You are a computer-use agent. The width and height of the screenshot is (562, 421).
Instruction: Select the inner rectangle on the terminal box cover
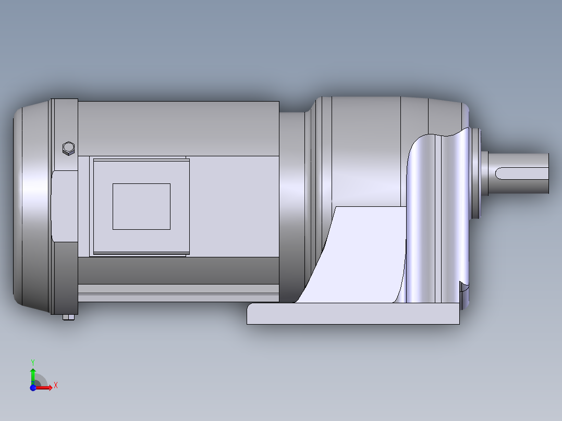click(x=141, y=206)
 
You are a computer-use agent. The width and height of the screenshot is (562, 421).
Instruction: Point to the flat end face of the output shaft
click(x=549, y=174)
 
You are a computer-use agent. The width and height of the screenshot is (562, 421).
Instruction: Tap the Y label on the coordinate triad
click(x=32, y=361)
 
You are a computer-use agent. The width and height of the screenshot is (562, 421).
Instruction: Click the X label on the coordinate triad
click(x=55, y=386)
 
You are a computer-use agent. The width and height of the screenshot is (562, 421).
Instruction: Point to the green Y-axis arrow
click(x=32, y=374)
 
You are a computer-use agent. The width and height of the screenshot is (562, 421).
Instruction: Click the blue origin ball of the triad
click(x=33, y=388)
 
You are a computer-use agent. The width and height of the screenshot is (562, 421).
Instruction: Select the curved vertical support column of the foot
click(x=433, y=219)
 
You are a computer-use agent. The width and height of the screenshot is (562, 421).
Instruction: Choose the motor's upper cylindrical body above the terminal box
click(x=177, y=128)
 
